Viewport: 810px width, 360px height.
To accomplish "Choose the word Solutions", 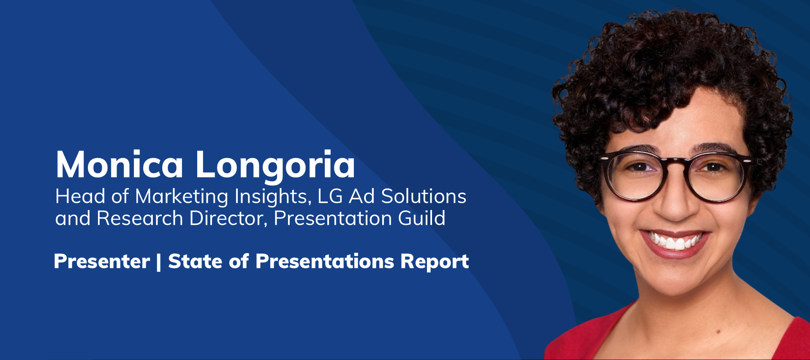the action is [424, 196].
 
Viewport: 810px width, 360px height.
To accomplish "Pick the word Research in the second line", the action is [140, 218].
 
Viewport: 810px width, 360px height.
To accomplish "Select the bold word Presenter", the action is [102, 262].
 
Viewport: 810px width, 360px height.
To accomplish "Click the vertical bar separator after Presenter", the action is [159, 262].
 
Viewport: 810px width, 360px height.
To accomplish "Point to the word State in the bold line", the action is [195, 262].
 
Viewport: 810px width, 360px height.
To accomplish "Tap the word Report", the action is [435, 262].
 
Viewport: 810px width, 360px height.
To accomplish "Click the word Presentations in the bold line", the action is [325, 262].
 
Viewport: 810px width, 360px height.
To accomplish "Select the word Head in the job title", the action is [80, 196].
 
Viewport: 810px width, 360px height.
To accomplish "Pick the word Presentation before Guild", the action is [333, 218].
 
